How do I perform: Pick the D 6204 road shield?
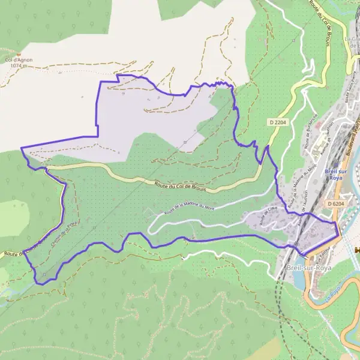(x=337, y=204)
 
